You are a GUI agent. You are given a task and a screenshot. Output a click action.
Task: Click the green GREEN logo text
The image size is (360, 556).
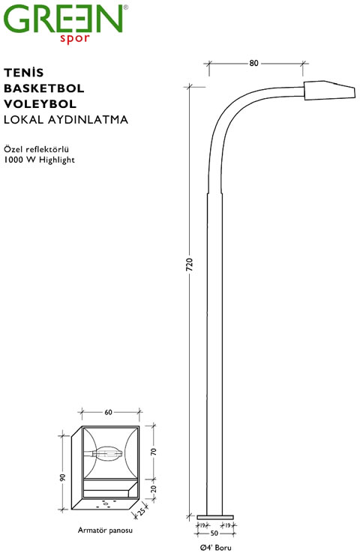(63, 19)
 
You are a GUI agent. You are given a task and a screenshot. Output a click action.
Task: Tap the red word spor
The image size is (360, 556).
(74, 39)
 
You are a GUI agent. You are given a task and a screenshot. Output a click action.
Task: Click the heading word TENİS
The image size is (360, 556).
(24, 73)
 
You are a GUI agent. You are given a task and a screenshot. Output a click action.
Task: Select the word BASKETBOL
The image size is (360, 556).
(44, 88)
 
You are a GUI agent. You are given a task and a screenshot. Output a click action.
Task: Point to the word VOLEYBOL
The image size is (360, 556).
(40, 104)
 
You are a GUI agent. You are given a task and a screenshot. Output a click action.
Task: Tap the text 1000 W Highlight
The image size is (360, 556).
(40, 160)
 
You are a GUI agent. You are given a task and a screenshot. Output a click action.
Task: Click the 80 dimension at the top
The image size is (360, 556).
(253, 63)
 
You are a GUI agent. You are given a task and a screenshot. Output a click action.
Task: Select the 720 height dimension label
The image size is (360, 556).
(189, 265)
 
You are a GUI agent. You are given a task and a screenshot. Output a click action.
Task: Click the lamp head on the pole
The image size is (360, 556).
(329, 91)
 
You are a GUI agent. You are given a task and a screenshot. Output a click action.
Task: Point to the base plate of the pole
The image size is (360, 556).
(214, 517)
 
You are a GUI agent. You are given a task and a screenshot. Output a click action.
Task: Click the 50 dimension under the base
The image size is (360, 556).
(214, 534)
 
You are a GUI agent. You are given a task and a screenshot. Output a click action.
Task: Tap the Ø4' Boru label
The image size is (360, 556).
(215, 548)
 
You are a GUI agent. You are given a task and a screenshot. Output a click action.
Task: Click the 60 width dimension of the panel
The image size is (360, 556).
(108, 412)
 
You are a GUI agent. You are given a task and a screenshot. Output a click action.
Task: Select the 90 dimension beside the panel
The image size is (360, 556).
(63, 477)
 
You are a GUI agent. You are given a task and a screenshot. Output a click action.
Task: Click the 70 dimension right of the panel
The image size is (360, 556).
(153, 451)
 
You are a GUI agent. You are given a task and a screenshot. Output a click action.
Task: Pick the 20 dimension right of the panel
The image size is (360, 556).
(153, 489)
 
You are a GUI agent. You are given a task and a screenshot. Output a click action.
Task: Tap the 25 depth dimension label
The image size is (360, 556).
(142, 512)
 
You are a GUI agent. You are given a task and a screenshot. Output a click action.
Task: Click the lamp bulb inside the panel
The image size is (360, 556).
(107, 453)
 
